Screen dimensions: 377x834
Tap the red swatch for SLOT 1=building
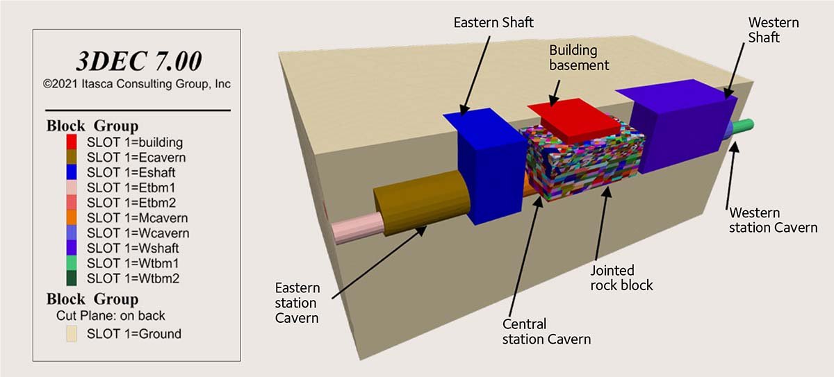click(x=72, y=142)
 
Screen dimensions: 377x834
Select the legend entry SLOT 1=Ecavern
click(x=136, y=158)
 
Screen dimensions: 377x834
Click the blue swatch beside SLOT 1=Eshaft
click(x=72, y=173)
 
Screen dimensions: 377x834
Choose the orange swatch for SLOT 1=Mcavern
click(x=72, y=218)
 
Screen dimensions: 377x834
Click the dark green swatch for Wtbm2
click(x=72, y=278)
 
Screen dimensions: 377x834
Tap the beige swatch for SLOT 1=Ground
click(x=72, y=334)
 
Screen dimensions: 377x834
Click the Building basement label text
click(x=579, y=58)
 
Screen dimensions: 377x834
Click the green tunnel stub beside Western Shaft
click(x=742, y=127)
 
